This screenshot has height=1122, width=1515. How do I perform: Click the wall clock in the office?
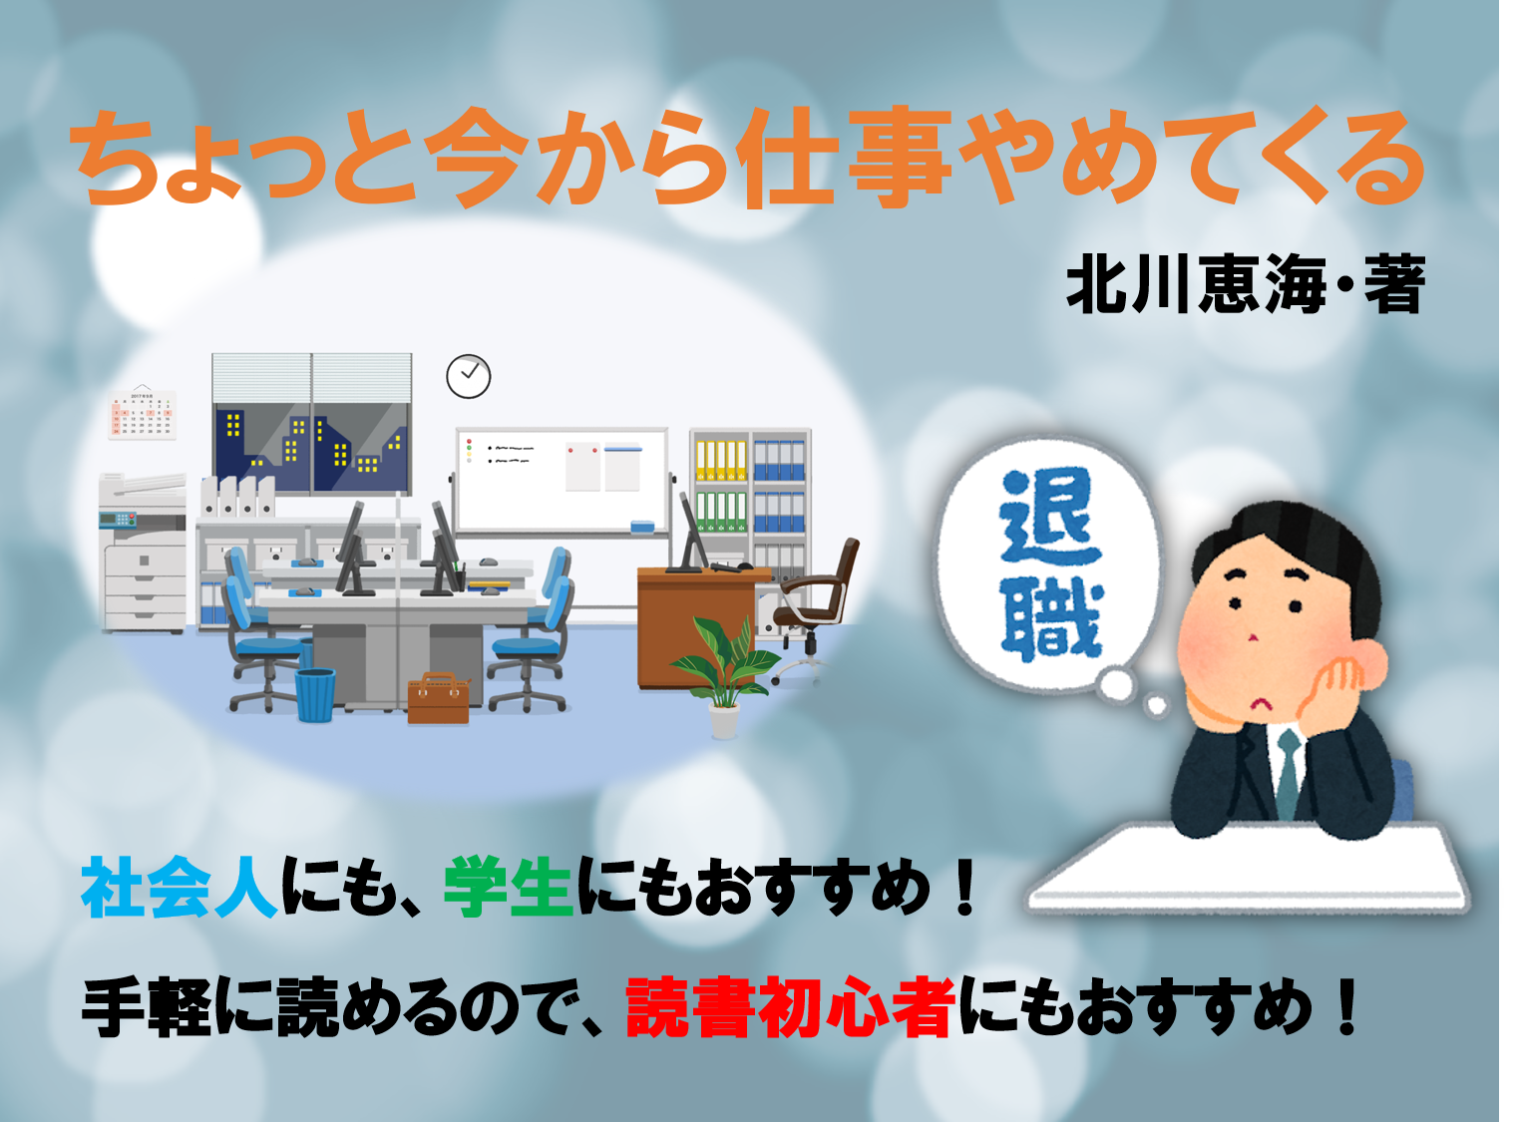point(468,376)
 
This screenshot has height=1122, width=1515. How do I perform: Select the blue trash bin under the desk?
point(315,694)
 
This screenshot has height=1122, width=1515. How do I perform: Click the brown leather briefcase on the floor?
point(439,698)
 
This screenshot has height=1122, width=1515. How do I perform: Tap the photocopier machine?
point(143,553)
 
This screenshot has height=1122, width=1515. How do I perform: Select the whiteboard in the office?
point(562,481)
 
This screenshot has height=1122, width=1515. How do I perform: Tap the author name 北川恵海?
point(1196,283)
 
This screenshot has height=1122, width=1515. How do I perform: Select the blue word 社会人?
point(180,887)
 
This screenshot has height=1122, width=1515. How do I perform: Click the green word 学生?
point(509,887)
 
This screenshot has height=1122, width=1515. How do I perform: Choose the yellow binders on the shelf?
point(720,460)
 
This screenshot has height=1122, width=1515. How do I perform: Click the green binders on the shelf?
point(720,511)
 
